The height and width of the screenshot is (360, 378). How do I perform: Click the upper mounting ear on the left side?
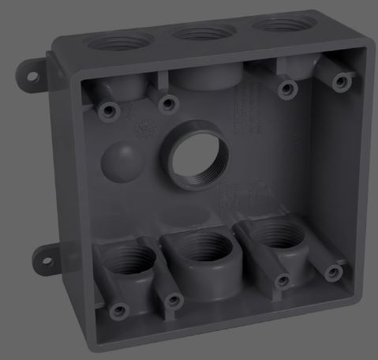(x=32, y=73)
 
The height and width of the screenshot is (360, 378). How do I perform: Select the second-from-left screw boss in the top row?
(x=167, y=102)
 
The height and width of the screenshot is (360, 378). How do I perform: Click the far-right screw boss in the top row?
(x=341, y=80)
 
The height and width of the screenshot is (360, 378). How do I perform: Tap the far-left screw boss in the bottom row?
(x=118, y=309)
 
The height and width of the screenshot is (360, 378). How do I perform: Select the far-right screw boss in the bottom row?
(x=335, y=272)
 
